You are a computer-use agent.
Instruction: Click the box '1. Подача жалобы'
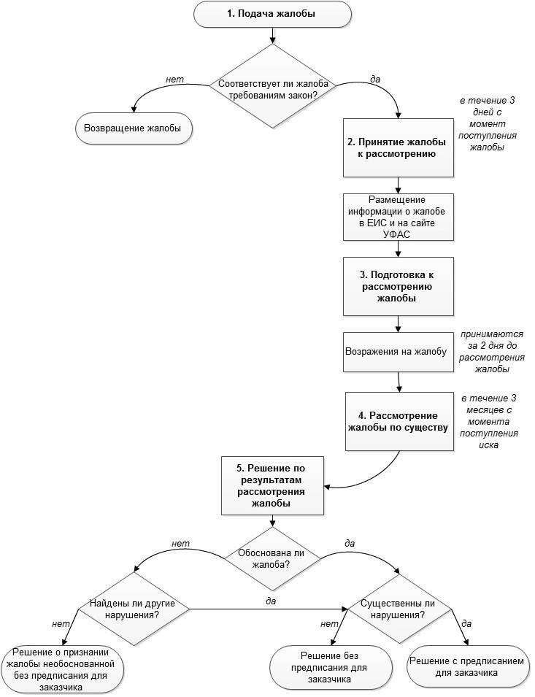point(272,14)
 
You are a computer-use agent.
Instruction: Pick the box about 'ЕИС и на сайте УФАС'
point(398,216)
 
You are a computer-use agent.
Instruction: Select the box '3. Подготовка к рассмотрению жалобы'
point(399,286)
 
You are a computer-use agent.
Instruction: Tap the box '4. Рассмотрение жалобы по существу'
point(398,421)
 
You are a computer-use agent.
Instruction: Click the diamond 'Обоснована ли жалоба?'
point(273,558)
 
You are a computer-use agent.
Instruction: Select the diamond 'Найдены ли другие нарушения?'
point(135,609)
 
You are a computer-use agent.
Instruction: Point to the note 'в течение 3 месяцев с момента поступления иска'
point(489,421)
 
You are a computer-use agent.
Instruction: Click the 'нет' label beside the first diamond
point(174,79)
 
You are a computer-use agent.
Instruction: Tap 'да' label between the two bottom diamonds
point(271,600)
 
